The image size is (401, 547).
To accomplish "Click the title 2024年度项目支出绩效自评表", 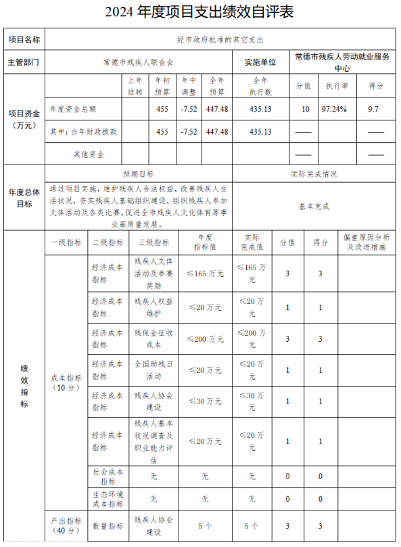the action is pyautogui.click(x=200, y=12).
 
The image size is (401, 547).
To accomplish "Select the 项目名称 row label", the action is pyautogui.click(x=24, y=40).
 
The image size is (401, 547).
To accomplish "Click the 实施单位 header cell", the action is pyautogui.click(x=260, y=62).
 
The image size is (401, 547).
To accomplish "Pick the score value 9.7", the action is pyautogui.click(x=374, y=109).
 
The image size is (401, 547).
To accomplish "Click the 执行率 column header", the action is pyautogui.click(x=337, y=87).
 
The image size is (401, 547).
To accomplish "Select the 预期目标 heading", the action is pyautogui.click(x=138, y=174).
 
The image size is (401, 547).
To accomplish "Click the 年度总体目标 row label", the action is pyautogui.click(x=24, y=198).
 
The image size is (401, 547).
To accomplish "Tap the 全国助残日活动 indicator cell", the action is pyautogui.click(x=154, y=370).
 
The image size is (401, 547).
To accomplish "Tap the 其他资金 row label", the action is pyautogui.click(x=89, y=154).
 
